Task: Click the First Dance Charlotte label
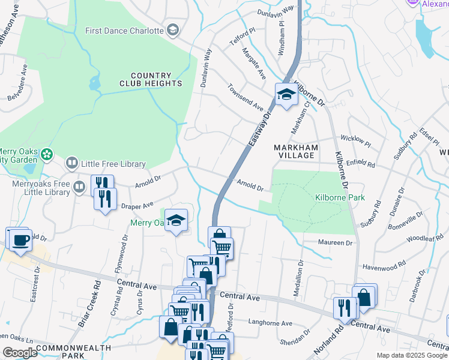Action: [x=124, y=31]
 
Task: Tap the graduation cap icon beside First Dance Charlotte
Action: [x=173, y=31]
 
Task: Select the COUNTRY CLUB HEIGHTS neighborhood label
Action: [x=150, y=79]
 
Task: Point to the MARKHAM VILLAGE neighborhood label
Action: [x=294, y=151]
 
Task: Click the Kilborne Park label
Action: [x=331, y=197]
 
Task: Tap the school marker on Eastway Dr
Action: [x=286, y=95]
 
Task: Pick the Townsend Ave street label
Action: [x=245, y=96]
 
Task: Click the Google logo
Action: [x=20, y=353]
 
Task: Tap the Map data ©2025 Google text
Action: [x=412, y=355]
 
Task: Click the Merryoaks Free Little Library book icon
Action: [x=79, y=188]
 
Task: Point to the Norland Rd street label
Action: [x=327, y=339]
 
